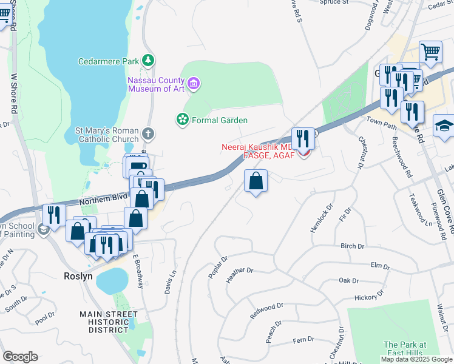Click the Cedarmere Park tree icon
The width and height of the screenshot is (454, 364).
tap(147, 60)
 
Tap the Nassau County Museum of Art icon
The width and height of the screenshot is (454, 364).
tap(194, 83)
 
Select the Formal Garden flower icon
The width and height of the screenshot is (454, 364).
tap(181, 120)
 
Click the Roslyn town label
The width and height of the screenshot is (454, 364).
tap(77, 275)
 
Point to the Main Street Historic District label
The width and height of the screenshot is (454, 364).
tap(108, 322)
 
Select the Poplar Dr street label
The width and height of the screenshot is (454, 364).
tap(217, 267)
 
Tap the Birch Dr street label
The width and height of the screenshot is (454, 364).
tap(352, 246)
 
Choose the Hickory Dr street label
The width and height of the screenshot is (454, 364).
tap(368, 298)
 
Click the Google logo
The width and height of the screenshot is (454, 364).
tap(20, 357)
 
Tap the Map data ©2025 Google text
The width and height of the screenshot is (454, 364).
tap(416, 359)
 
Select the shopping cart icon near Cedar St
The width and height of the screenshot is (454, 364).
tap(430, 52)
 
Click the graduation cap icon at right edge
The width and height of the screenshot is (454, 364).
tap(444, 126)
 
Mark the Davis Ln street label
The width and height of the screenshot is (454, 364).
tap(169, 282)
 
